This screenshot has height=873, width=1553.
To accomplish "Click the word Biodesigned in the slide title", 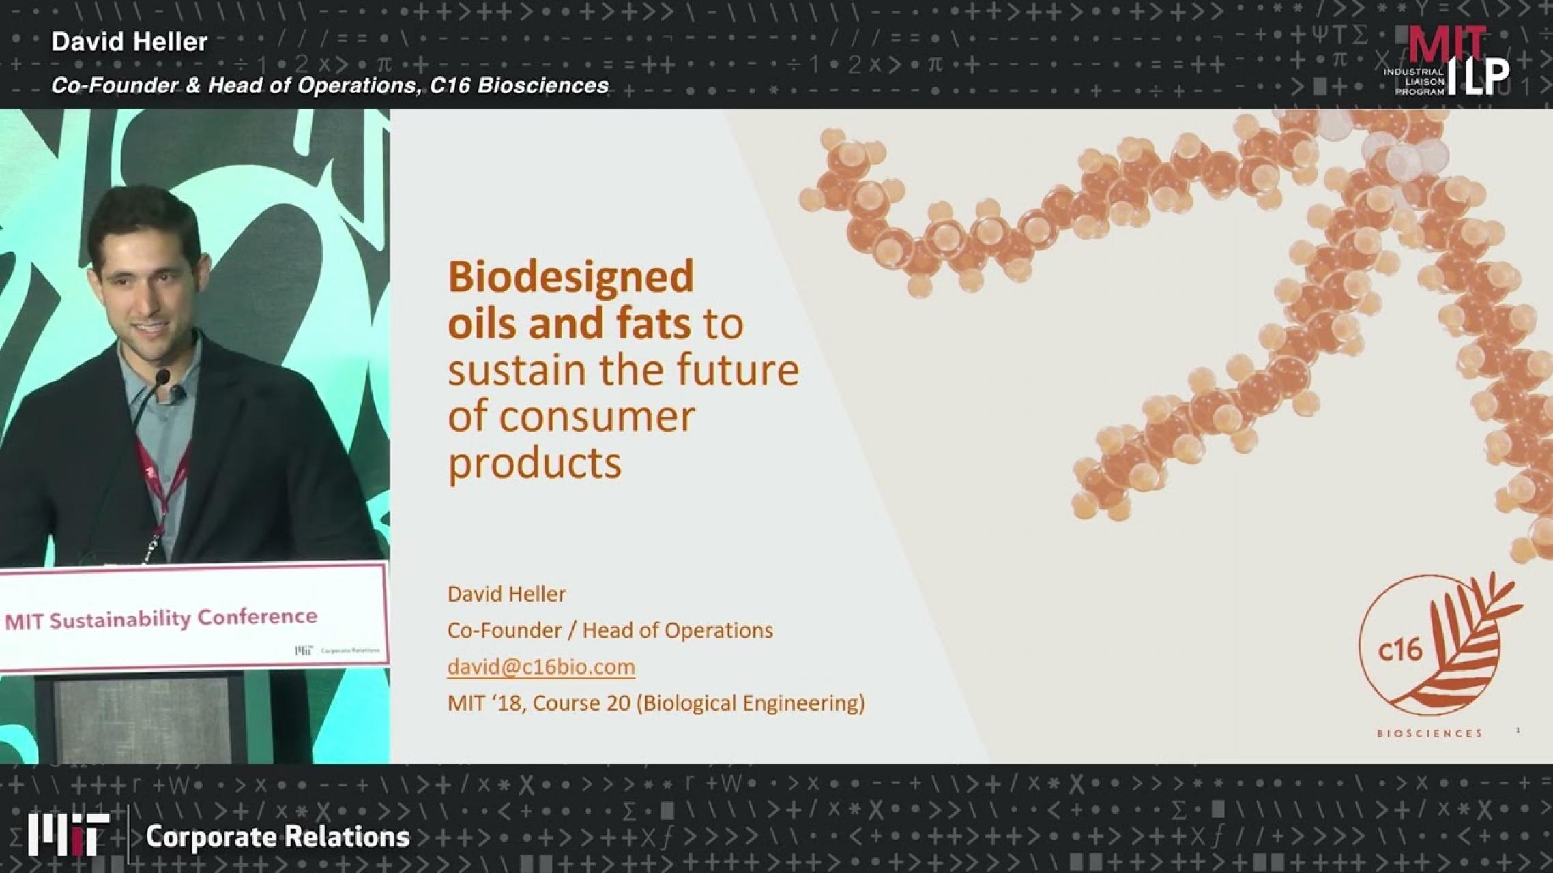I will tap(570, 277).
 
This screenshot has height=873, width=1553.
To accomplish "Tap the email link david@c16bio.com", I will tap(540, 666).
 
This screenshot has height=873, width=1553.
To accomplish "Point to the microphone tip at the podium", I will tap(162, 376).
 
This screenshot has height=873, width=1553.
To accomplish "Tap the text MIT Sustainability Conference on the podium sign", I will tap(161, 619).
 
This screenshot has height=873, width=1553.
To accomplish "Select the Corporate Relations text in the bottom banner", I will tap(277, 837).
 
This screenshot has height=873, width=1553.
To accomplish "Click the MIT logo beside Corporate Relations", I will tap(68, 834).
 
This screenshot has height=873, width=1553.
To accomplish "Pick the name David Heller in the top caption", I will tap(130, 42).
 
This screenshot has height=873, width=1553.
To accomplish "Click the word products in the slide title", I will tap(534, 464).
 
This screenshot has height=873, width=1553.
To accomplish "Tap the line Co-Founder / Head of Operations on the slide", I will tap(609, 630).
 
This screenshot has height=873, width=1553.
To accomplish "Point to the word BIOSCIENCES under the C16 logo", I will tap(1429, 734).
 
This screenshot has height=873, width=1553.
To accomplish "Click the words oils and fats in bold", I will tap(569, 323).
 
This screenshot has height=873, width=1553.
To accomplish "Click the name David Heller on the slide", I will tap(506, 594).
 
